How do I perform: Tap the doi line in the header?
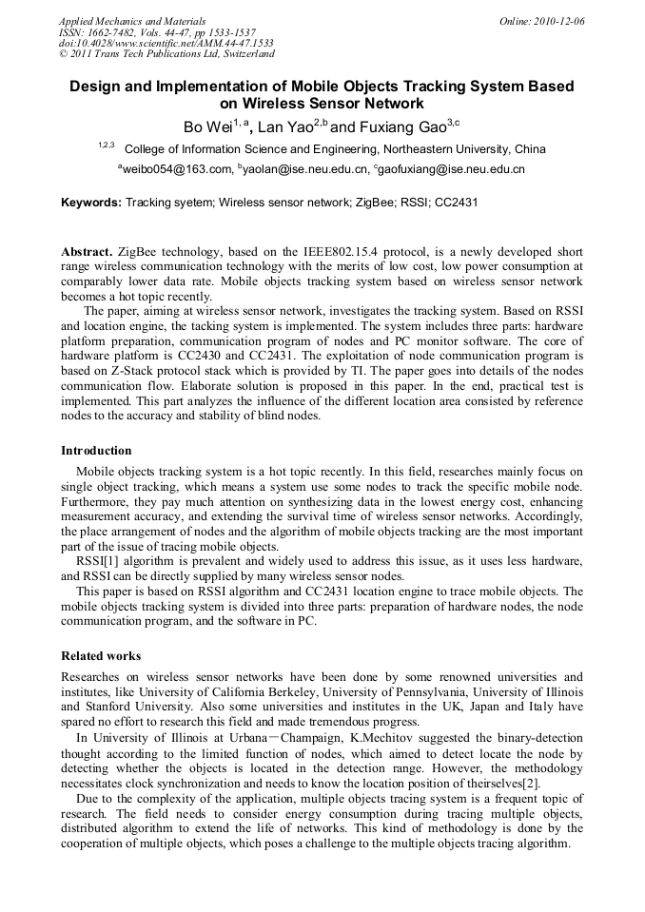(166, 44)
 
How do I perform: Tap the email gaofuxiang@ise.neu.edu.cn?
(451, 169)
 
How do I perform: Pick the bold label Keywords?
(91, 203)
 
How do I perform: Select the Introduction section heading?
(96, 451)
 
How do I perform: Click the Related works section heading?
(101, 656)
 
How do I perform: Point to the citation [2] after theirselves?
(534, 784)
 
